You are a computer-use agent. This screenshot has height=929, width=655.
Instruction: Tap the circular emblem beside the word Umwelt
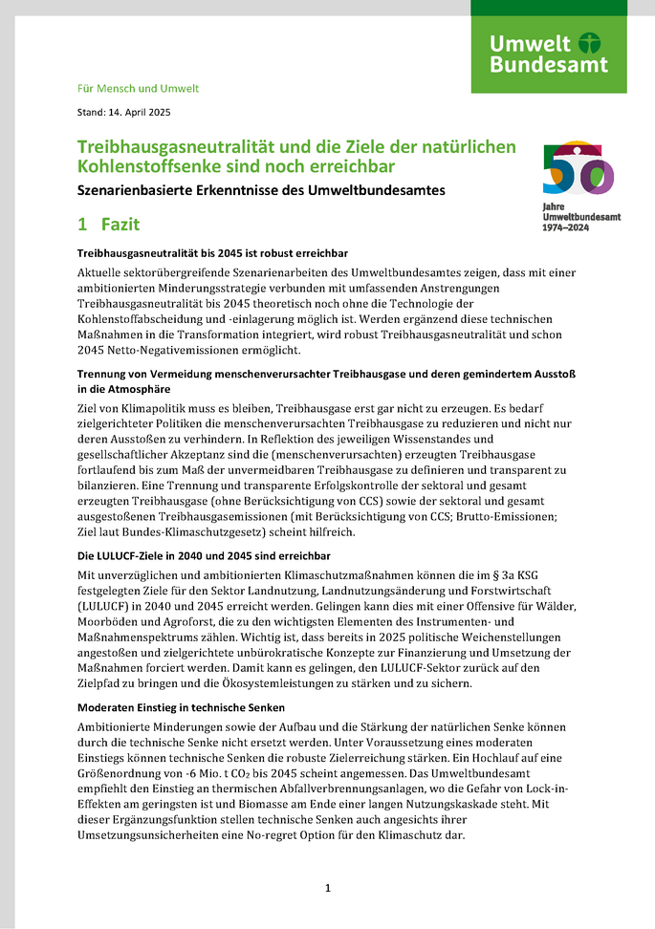(x=591, y=43)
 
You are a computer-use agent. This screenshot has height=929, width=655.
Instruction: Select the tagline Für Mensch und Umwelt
(x=138, y=88)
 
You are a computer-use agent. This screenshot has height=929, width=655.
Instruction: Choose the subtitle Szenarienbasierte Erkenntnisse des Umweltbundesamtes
(x=261, y=190)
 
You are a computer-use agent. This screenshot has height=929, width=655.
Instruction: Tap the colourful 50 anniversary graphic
(x=578, y=169)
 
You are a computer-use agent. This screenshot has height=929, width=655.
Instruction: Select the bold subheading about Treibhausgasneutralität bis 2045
(x=211, y=252)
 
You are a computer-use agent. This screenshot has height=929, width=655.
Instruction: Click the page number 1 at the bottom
(x=327, y=888)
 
